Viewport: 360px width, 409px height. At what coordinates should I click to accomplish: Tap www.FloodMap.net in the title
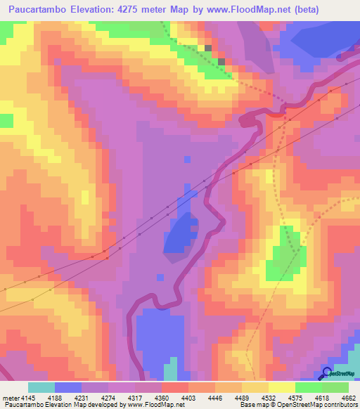pyautogui.click(x=249, y=10)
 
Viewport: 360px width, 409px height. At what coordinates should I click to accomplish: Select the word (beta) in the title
pyautogui.click(x=307, y=10)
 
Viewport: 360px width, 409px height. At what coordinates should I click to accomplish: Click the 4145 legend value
pyautogui.click(x=22, y=397)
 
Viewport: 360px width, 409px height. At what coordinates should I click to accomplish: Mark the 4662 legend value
pyautogui.click(x=349, y=397)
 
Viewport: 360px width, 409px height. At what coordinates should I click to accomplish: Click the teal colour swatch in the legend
pyautogui.click(x=41, y=387)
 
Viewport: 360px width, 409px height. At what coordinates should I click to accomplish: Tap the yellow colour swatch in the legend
pyautogui.click(x=281, y=387)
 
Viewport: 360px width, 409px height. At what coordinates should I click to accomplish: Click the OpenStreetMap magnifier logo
pyautogui.click(x=327, y=373)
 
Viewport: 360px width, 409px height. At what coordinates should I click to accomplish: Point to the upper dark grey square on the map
pyautogui.click(x=208, y=48)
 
